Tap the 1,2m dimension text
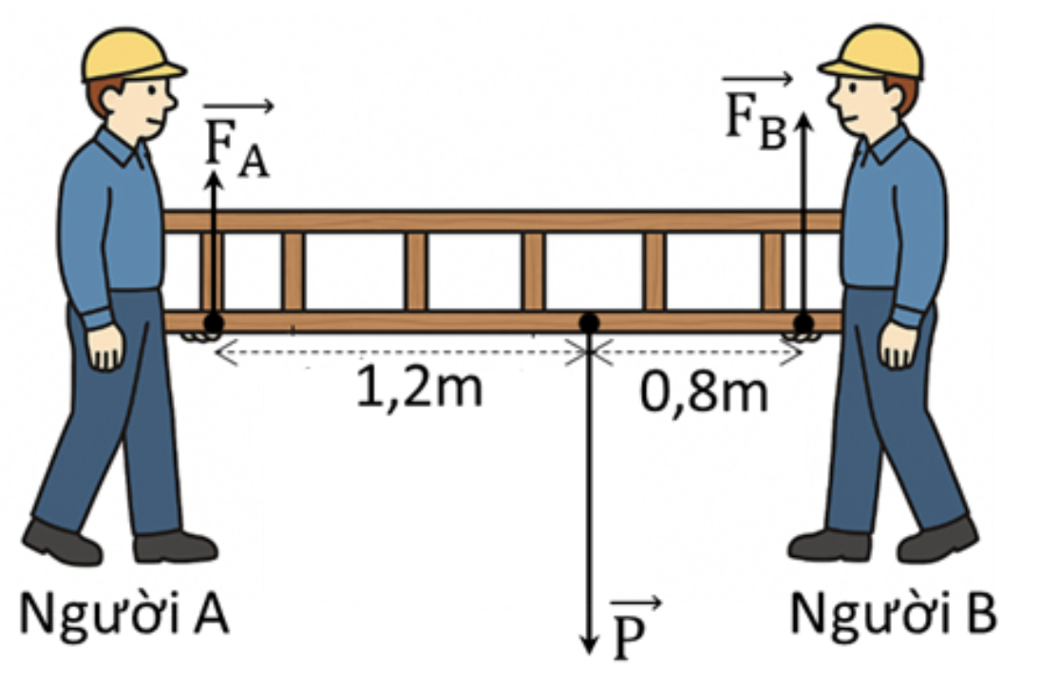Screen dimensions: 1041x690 pyautogui.click(x=419, y=388)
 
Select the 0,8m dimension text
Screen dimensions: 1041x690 pyautogui.click(x=704, y=392)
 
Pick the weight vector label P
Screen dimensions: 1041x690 pyautogui.click(x=635, y=629)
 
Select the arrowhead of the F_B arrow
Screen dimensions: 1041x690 pyautogui.click(x=804, y=121)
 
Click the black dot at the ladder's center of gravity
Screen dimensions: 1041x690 pyautogui.click(x=588, y=323)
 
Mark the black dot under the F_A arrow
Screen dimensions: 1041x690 pyautogui.click(x=214, y=323)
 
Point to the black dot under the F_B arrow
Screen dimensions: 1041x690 pyautogui.click(x=804, y=323)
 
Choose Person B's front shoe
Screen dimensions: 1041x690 pyautogui.click(x=829, y=545)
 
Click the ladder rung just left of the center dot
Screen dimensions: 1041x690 pyautogui.click(x=533, y=272)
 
